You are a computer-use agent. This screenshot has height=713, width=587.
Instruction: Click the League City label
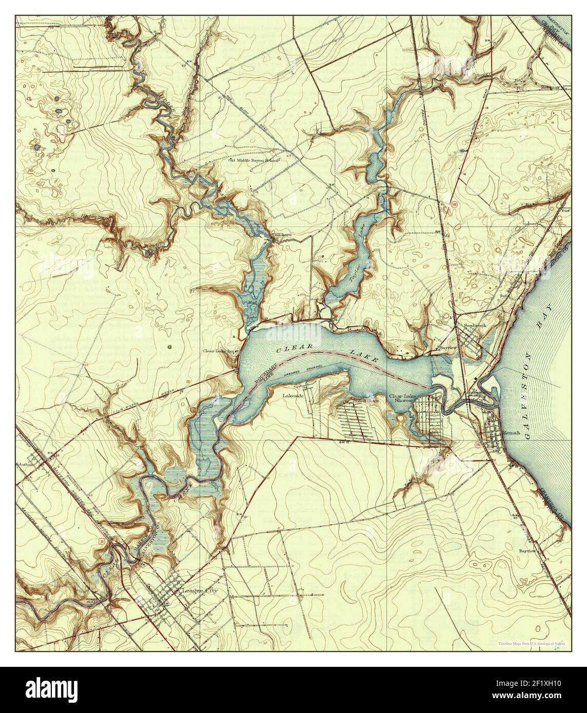(x=200, y=590)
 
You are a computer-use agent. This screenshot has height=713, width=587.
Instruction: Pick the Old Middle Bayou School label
(x=253, y=161)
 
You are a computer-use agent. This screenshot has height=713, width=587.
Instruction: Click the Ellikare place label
(x=283, y=234)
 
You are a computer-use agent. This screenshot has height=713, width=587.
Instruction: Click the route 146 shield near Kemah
(x=478, y=444)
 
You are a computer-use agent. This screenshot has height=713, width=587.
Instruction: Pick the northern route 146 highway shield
(x=455, y=204)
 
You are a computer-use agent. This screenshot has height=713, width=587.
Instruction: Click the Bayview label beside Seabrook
(x=446, y=347)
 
